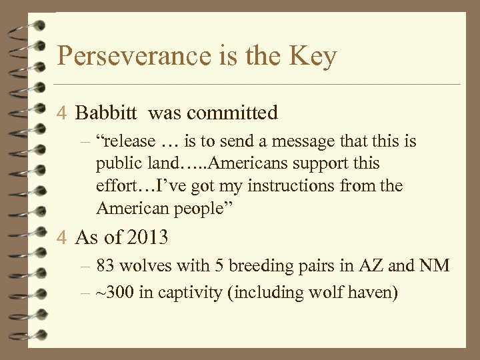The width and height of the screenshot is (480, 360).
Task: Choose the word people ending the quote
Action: [197, 209]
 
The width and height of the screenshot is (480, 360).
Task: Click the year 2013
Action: [145, 237]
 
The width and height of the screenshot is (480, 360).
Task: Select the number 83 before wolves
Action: [105, 267]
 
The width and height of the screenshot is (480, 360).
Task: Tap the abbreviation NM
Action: [436, 267]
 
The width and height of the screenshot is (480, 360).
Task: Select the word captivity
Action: [185, 292]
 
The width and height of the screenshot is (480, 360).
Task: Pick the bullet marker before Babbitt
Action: [62, 113]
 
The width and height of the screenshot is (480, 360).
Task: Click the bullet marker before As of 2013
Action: [62, 237]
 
